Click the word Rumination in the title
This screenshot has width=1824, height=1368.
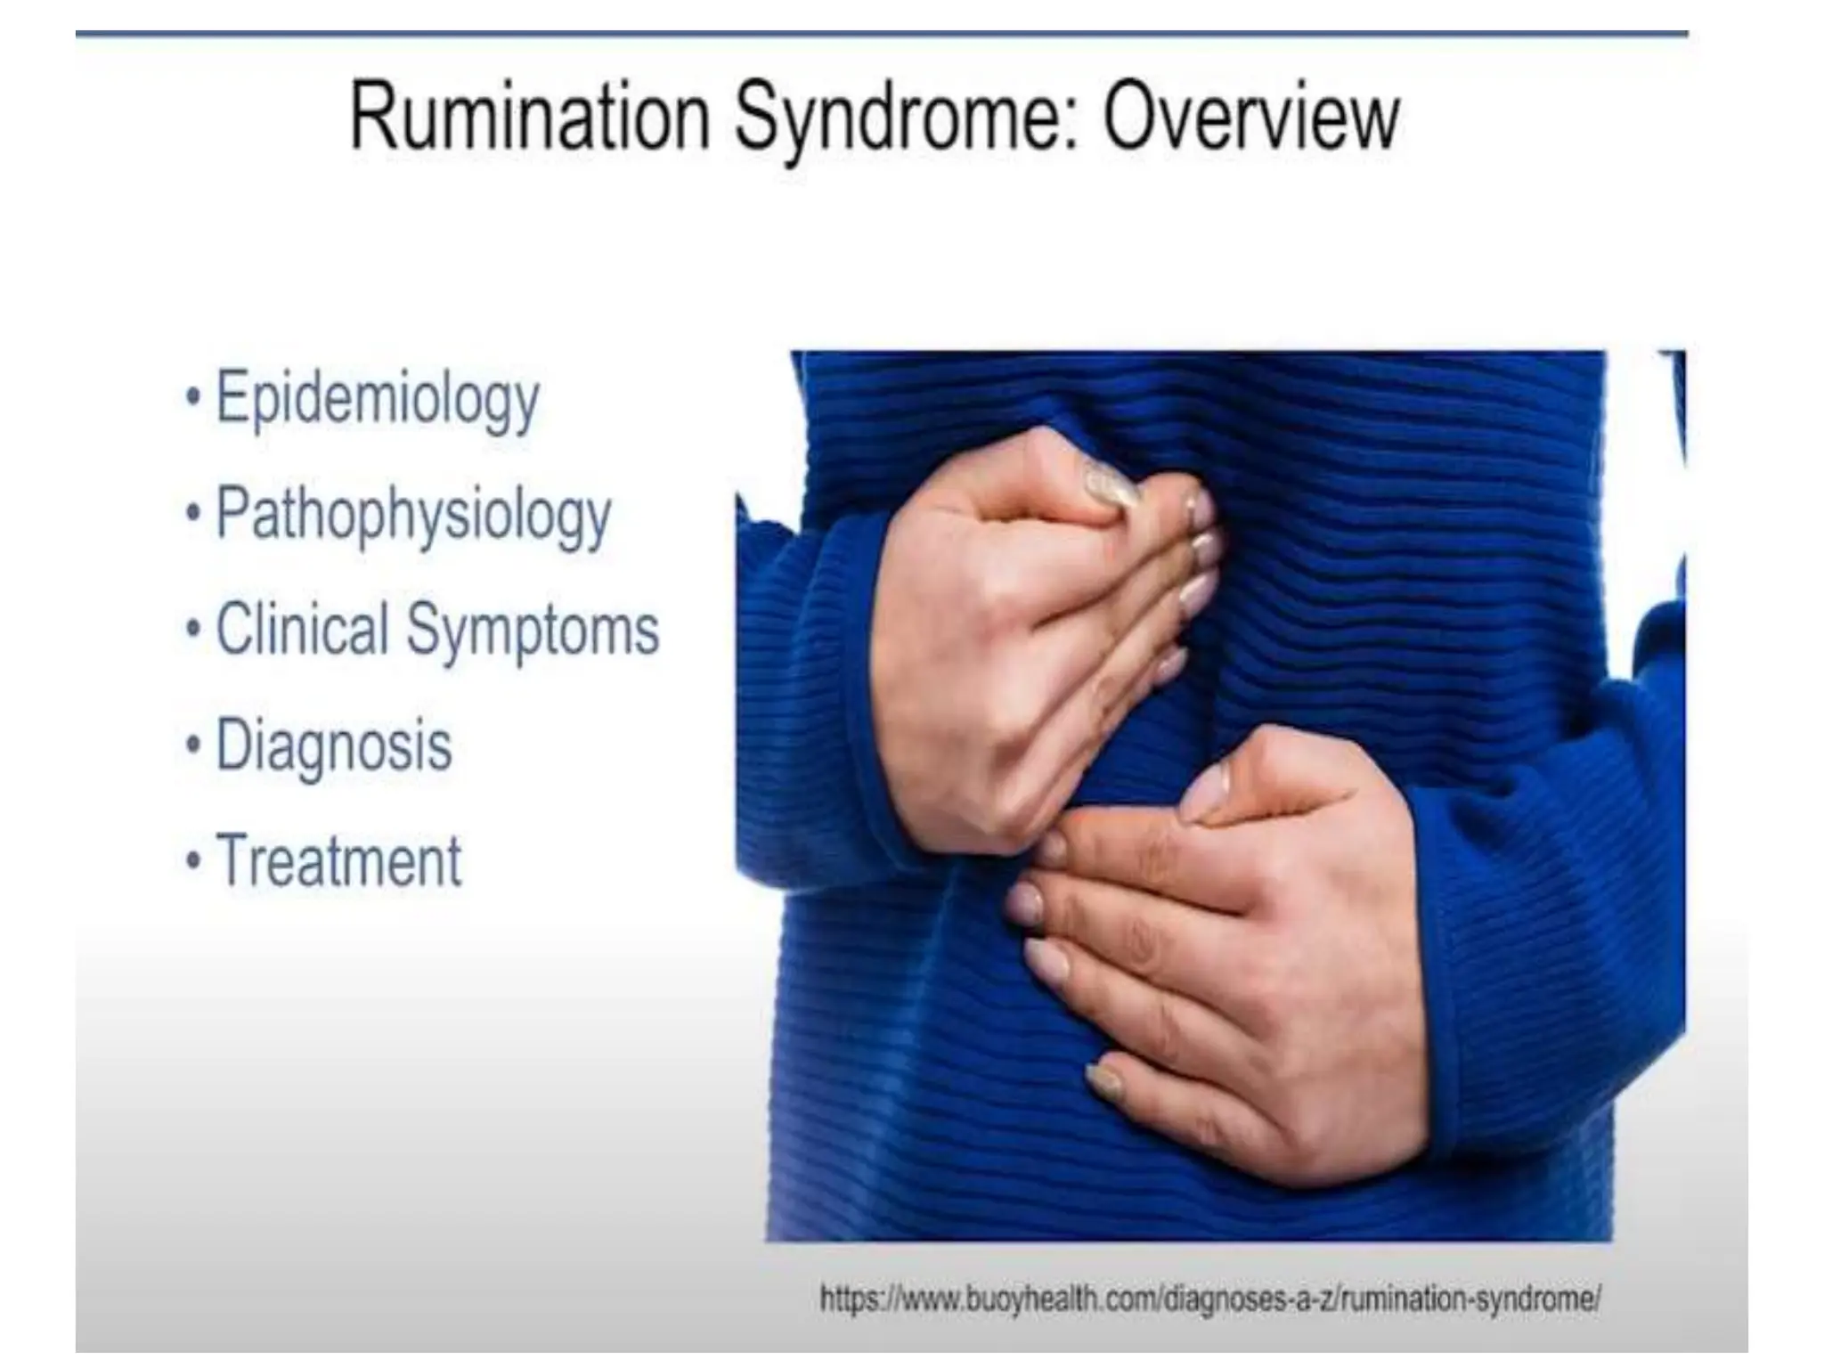pos(530,118)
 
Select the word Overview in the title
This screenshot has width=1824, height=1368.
pos(1250,118)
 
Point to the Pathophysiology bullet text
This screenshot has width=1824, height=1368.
pos(413,516)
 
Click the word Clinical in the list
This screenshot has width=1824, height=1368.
pos(302,630)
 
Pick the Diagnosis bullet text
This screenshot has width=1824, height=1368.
pos(334,745)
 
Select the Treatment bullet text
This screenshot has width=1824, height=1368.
pos(339,861)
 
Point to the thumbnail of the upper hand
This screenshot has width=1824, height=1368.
pos(1109,486)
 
